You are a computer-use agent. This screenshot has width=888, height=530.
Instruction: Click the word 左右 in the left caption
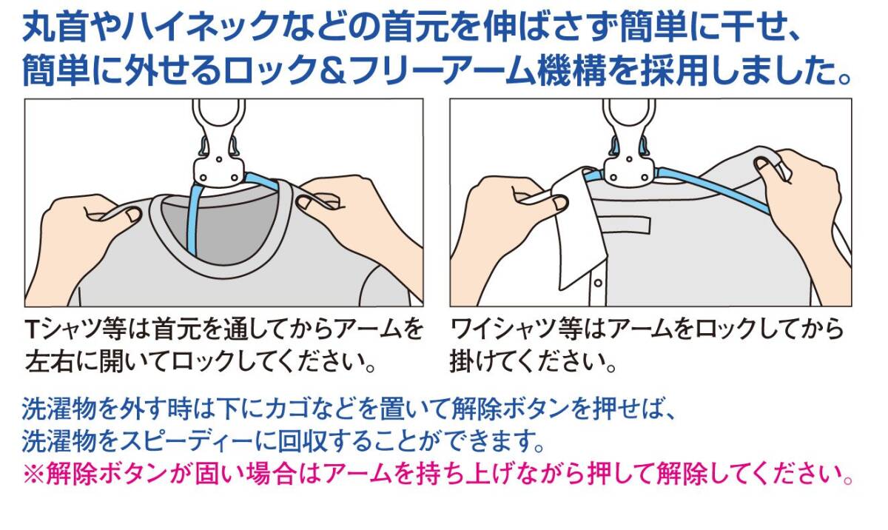tap(49, 361)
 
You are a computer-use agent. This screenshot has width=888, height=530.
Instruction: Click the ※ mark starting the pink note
tap(33, 474)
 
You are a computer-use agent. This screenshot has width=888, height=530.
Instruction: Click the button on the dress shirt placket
tap(597, 283)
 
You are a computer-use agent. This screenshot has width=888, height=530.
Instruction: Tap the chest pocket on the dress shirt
tap(625, 225)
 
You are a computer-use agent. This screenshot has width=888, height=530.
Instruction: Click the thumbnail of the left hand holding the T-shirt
tap(132, 215)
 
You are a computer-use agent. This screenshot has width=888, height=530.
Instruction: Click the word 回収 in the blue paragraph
tap(302, 441)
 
